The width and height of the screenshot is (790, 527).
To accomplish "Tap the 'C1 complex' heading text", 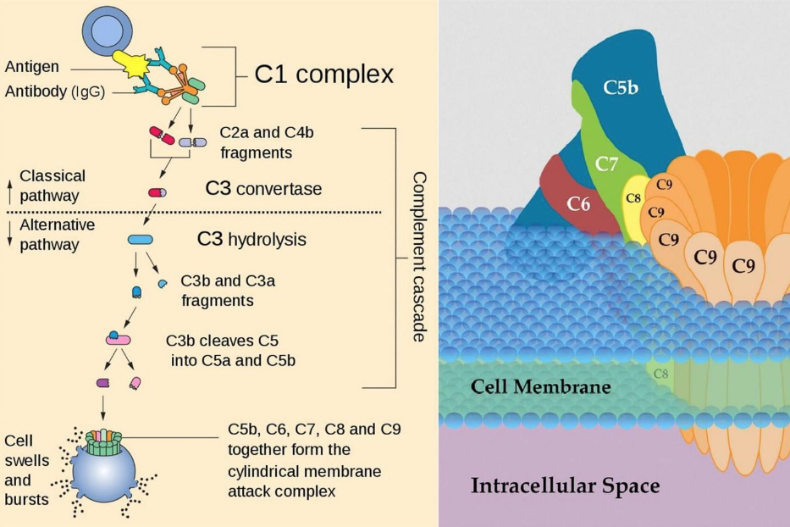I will click(324, 75).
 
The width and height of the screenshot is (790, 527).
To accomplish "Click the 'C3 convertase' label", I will click(263, 188).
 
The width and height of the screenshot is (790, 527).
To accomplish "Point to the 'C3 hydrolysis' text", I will click(251, 240).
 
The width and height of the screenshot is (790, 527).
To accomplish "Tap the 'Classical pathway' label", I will click(52, 186).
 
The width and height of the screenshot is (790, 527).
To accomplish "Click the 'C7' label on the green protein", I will click(606, 164).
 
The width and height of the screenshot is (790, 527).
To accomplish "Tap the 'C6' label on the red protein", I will click(579, 202).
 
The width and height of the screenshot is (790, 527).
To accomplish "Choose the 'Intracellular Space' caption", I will click(565, 486).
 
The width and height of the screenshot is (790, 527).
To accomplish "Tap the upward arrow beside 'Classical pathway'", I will click(9, 183).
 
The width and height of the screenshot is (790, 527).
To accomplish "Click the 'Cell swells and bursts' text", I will click(26, 469).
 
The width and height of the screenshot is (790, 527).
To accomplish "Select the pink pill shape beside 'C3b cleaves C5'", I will click(118, 339).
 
